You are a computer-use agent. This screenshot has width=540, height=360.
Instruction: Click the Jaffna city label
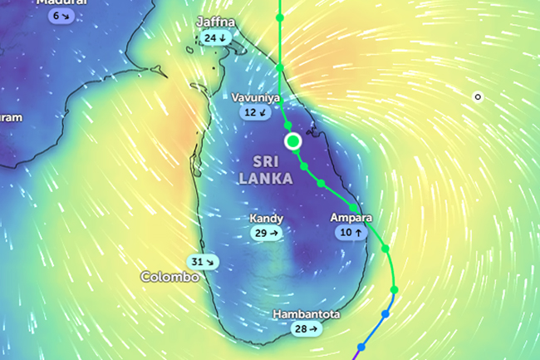coord(215,22)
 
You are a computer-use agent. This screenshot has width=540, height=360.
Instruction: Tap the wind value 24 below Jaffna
coord(215,38)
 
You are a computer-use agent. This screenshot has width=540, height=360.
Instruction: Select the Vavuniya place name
coord(254,97)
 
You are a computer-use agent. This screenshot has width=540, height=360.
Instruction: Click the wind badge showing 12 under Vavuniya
coord(255,112)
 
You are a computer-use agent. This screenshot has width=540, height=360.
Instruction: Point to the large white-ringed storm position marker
coord(292,141)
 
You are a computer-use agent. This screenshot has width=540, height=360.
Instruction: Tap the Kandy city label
coord(267,219)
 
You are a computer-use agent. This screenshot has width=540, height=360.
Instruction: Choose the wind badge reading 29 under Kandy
coord(267,234)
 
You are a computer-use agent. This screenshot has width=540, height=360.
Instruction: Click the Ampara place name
coord(351,218)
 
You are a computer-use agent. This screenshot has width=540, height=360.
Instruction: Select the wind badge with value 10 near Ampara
coord(351,234)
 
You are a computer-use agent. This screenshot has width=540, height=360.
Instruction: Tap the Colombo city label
coord(169,277)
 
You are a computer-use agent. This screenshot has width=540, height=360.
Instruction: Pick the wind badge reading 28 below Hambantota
coord(306,330)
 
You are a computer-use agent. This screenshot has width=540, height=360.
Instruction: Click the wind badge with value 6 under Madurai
coord(61,16)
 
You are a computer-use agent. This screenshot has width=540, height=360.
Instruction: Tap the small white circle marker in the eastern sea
coord(478,97)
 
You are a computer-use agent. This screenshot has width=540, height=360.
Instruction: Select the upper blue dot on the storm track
coord(385,314)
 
